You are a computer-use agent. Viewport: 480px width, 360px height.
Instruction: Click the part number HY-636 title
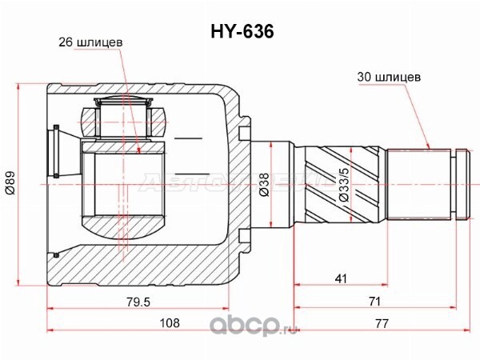coord(242,31)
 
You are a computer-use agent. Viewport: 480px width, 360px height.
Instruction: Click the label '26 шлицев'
coord(90,42)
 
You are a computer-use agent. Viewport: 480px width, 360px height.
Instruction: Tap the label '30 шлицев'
coord(389,77)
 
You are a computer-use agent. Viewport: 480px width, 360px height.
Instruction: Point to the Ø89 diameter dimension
coord(10,182)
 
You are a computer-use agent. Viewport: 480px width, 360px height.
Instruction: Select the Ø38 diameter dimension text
coord(263,184)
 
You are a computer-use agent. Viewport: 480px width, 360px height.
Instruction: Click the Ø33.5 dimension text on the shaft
coord(344,185)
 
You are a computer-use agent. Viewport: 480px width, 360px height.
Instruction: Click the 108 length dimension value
coord(170,322)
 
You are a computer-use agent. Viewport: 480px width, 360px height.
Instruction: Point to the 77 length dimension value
coord(382,323)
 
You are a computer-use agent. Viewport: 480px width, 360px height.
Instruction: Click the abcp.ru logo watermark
coord(254,326)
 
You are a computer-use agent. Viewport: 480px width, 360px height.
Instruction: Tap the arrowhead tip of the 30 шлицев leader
coord(429,149)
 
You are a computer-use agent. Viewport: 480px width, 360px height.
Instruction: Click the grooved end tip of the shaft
coord(462,184)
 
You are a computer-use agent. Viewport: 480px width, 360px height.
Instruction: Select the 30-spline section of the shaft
coord(418,184)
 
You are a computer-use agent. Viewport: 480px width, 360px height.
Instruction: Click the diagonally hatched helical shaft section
coord(342,185)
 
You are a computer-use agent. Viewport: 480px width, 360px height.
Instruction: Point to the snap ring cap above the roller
coord(122,102)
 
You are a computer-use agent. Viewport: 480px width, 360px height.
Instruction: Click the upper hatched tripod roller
coord(122,122)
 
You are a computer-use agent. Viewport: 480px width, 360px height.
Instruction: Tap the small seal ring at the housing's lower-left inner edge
coord(56,255)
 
